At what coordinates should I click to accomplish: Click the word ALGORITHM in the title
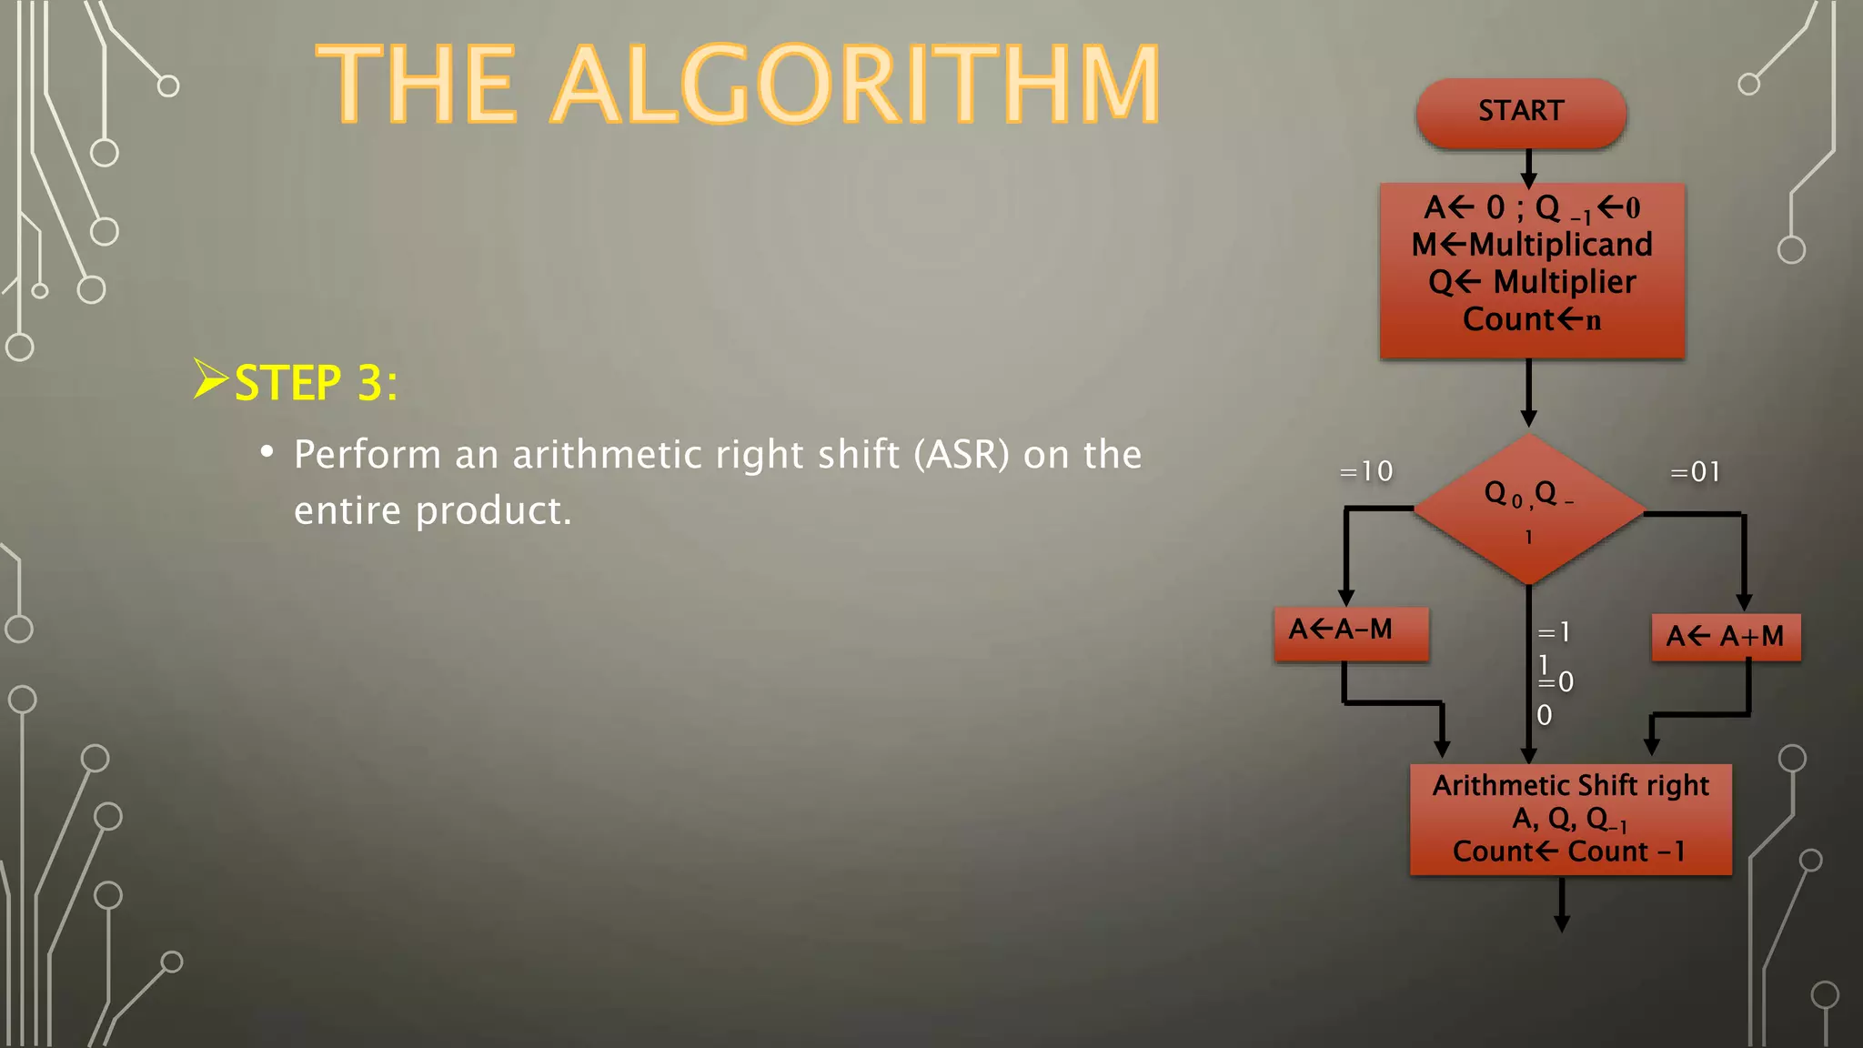point(855,86)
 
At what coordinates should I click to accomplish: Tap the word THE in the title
point(417,86)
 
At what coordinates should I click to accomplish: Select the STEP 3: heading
point(316,383)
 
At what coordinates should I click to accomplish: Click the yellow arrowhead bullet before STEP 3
point(210,378)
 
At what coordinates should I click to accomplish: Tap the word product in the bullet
point(493,511)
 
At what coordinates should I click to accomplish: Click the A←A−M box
point(1351,633)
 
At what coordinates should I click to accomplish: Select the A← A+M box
point(1726,637)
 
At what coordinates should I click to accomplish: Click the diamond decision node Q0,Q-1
point(1529,509)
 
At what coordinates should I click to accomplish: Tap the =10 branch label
point(1366,471)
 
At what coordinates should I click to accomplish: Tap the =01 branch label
point(1696,472)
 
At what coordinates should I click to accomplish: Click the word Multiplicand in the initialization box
point(1560,245)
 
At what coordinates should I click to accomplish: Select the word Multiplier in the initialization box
point(1565,282)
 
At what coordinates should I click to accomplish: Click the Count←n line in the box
point(1532,320)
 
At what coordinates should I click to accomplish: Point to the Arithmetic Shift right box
point(1570,819)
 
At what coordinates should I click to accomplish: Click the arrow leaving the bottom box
point(1562,905)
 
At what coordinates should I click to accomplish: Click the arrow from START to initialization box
point(1529,167)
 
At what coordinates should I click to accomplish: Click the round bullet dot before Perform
point(267,452)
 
